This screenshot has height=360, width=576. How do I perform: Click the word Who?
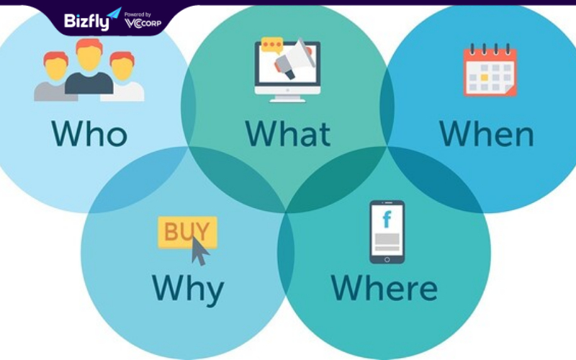[89, 133]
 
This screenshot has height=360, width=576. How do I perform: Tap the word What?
[288, 133]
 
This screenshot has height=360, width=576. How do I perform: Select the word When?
[487, 133]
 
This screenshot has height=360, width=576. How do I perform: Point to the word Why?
[188, 290]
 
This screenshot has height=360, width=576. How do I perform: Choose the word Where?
[384, 287]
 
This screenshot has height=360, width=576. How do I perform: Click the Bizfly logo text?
[86, 22]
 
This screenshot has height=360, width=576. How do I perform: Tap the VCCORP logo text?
[143, 24]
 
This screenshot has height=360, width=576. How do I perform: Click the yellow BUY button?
[187, 232]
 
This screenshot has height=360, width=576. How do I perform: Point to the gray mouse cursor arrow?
[199, 251]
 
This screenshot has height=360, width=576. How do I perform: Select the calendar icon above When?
[490, 70]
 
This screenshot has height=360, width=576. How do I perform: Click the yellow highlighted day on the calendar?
[485, 78]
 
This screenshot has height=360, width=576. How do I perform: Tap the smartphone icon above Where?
[387, 232]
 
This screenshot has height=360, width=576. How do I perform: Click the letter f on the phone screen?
[387, 220]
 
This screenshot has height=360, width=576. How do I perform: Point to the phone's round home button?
[387, 260]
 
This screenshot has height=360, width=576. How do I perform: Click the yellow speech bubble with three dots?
[272, 45]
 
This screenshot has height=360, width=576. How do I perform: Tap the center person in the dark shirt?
[89, 66]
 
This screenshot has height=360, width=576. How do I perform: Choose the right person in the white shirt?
[122, 77]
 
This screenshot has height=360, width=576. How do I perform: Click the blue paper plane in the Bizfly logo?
[114, 14]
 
